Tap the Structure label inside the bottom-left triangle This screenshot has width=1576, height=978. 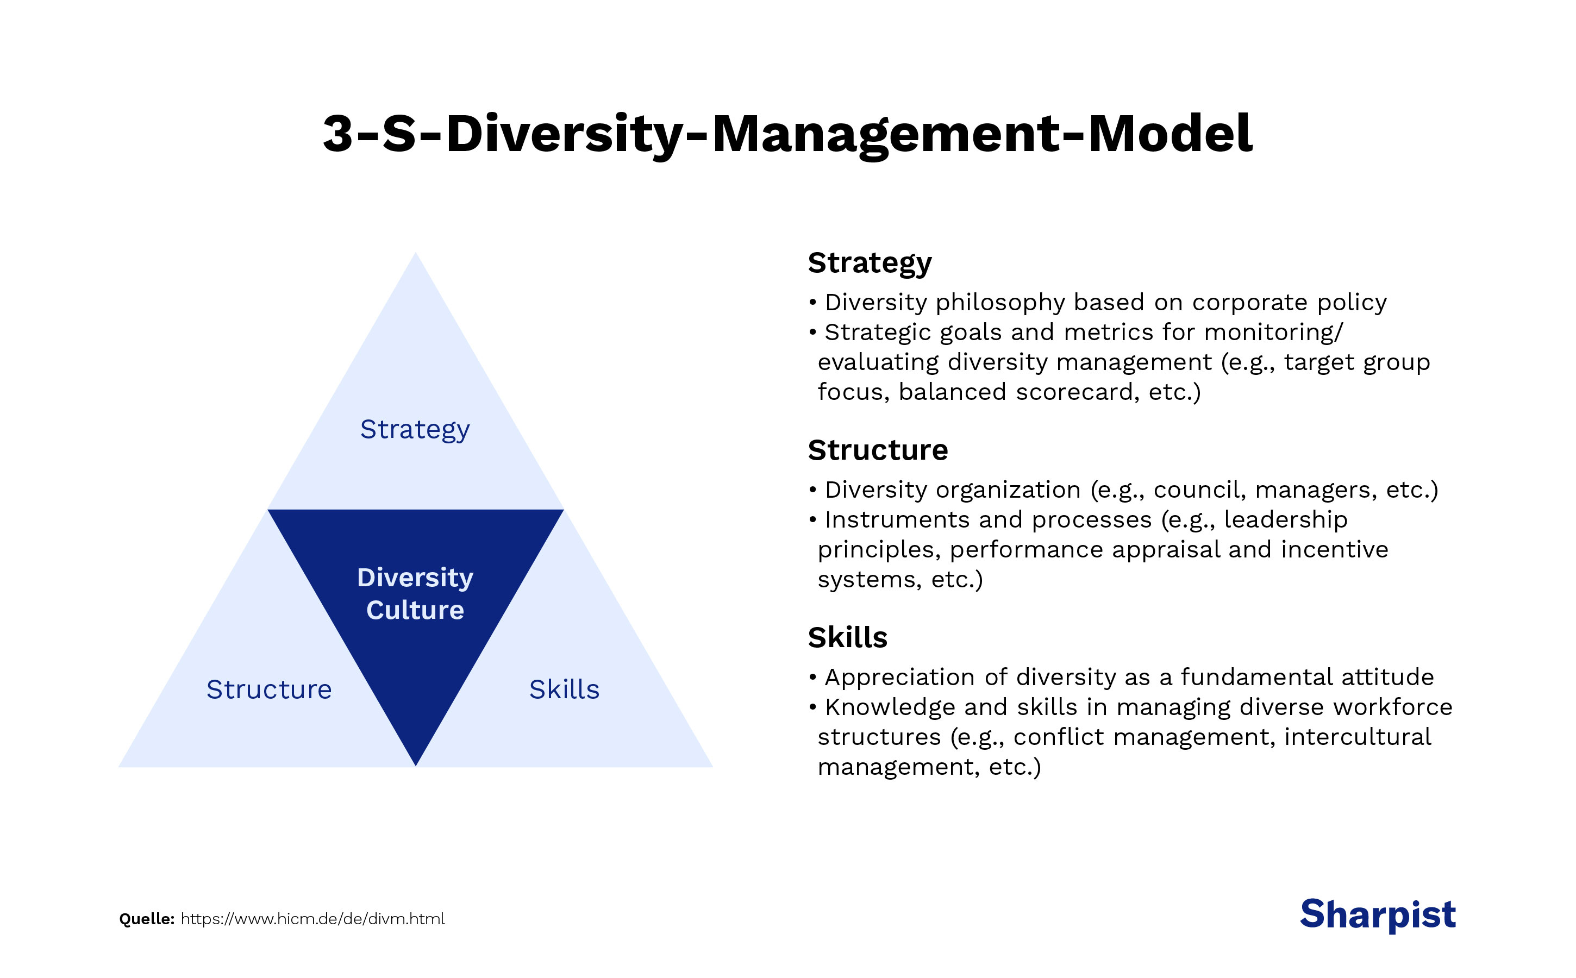pos(269,689)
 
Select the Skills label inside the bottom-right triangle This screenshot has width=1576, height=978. pos(564,689)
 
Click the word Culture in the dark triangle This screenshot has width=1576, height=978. pos(415,611)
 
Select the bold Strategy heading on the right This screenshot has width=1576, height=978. pos(870,264)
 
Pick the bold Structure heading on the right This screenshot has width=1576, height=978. pos(877,450)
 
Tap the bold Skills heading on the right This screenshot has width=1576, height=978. pos(848,638)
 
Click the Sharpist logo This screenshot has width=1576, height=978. pos(1378,914)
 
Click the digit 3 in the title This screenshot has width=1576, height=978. pos(337,134)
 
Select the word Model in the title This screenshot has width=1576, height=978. pos(1171,134)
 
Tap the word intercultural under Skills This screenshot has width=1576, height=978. pos(1358,737)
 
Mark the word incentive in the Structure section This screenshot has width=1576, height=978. pos(1334,550)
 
